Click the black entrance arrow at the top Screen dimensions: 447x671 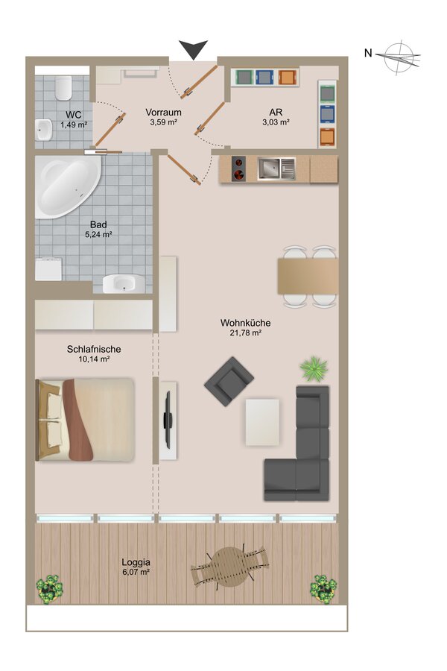pyautogui.click(x=194, y=48)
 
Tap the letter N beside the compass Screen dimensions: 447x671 pyautogui.click(x=368, y=53)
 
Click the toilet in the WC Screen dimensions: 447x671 pyautogui.click(x=63, y=88)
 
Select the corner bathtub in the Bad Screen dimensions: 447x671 pyautogui.click(x=68, y=186)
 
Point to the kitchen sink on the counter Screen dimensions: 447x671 pyautogui.click(x=276, y=168)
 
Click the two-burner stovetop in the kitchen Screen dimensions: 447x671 pyautogui.click(x=238, y=168)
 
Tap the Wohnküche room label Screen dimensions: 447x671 pyautogui.click(x=246, y=323)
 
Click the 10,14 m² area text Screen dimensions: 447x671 pyautogui.click(x=94, y=359)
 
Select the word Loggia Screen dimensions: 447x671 pyautogui.click(x=136, y=562)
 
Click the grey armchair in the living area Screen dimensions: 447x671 pyautogui.click(x=229, y=381)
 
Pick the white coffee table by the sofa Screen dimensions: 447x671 pyautogui.click(x=262, y=422)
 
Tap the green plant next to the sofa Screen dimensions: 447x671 pyautogui.click(x=314, y=368)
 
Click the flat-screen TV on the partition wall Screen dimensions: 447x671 pyautogui.click(x=168, y=420)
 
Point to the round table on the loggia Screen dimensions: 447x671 pyautogui.click(x=230, y=566)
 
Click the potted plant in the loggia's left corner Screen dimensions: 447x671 pyautogui.click(x=50, y=588)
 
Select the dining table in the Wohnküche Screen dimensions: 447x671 pyautogui.click(x=308, y=276)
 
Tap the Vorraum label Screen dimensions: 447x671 pyautogui.click(x=163, y=112)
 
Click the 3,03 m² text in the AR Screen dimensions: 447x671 pyautogui.click(x=276, y=122)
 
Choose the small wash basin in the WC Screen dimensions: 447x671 pyautogui.click(x=43, y=129)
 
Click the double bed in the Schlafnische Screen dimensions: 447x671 pyautogui.click(x=85, y=420)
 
